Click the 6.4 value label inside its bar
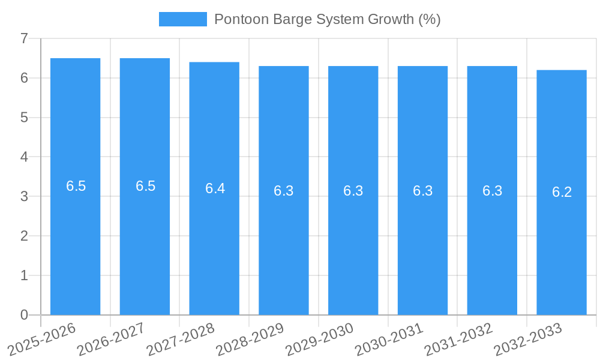[x=215, y=188]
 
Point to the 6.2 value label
[x=562, y=192]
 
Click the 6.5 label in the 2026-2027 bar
[x=145, y=186]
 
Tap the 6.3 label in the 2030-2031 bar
[x=422, y=191]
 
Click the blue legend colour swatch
[x=182, y=19]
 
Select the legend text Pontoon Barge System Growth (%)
[x=327, y=19]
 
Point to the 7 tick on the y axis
[x=24, y=38]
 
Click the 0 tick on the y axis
[x=24, y=315]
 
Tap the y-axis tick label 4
[x=24, y=157]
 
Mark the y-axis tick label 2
[x=24, y=236]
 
